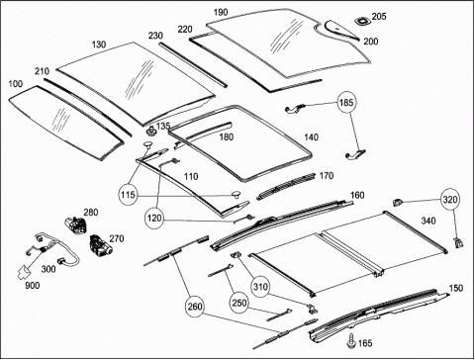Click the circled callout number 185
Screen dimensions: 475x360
346,103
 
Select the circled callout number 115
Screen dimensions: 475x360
129,195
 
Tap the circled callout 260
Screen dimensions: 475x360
195,307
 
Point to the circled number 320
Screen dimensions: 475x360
450,200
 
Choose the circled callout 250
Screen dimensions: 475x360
239,303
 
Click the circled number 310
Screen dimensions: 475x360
260,287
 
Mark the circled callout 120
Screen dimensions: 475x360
154,218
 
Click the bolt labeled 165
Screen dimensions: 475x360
351,340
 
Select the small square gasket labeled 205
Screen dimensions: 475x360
362,21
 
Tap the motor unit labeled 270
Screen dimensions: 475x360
100,245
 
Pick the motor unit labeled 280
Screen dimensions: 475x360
76,225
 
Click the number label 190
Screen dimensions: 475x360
221,13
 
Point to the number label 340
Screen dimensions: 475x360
428,221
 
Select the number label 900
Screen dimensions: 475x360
33,285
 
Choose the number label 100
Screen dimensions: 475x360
16,84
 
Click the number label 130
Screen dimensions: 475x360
99,45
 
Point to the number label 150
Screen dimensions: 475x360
456,288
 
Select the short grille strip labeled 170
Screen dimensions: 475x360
286,186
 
